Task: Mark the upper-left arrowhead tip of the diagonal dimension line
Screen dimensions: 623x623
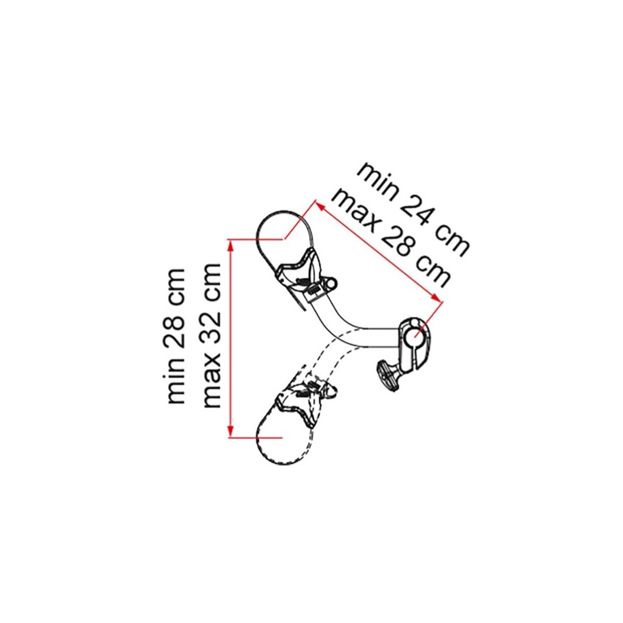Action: pyautogui.click(x=316, y=201)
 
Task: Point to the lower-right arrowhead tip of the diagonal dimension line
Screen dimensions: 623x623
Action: pyautogui.click(x=441, y=302)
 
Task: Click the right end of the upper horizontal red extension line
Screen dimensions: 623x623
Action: pyautogui.click(x=283, y=240)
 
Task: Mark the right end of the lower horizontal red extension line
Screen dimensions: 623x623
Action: pyautogui.click(x=282, y=437)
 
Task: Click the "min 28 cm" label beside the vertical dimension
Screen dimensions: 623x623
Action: pyautogui.click(x=176, y=336)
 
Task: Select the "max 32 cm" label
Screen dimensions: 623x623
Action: pyautogui.click(x=211, y=335)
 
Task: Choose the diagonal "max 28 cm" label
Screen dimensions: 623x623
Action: pyautogui.click(x=392, y=238)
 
